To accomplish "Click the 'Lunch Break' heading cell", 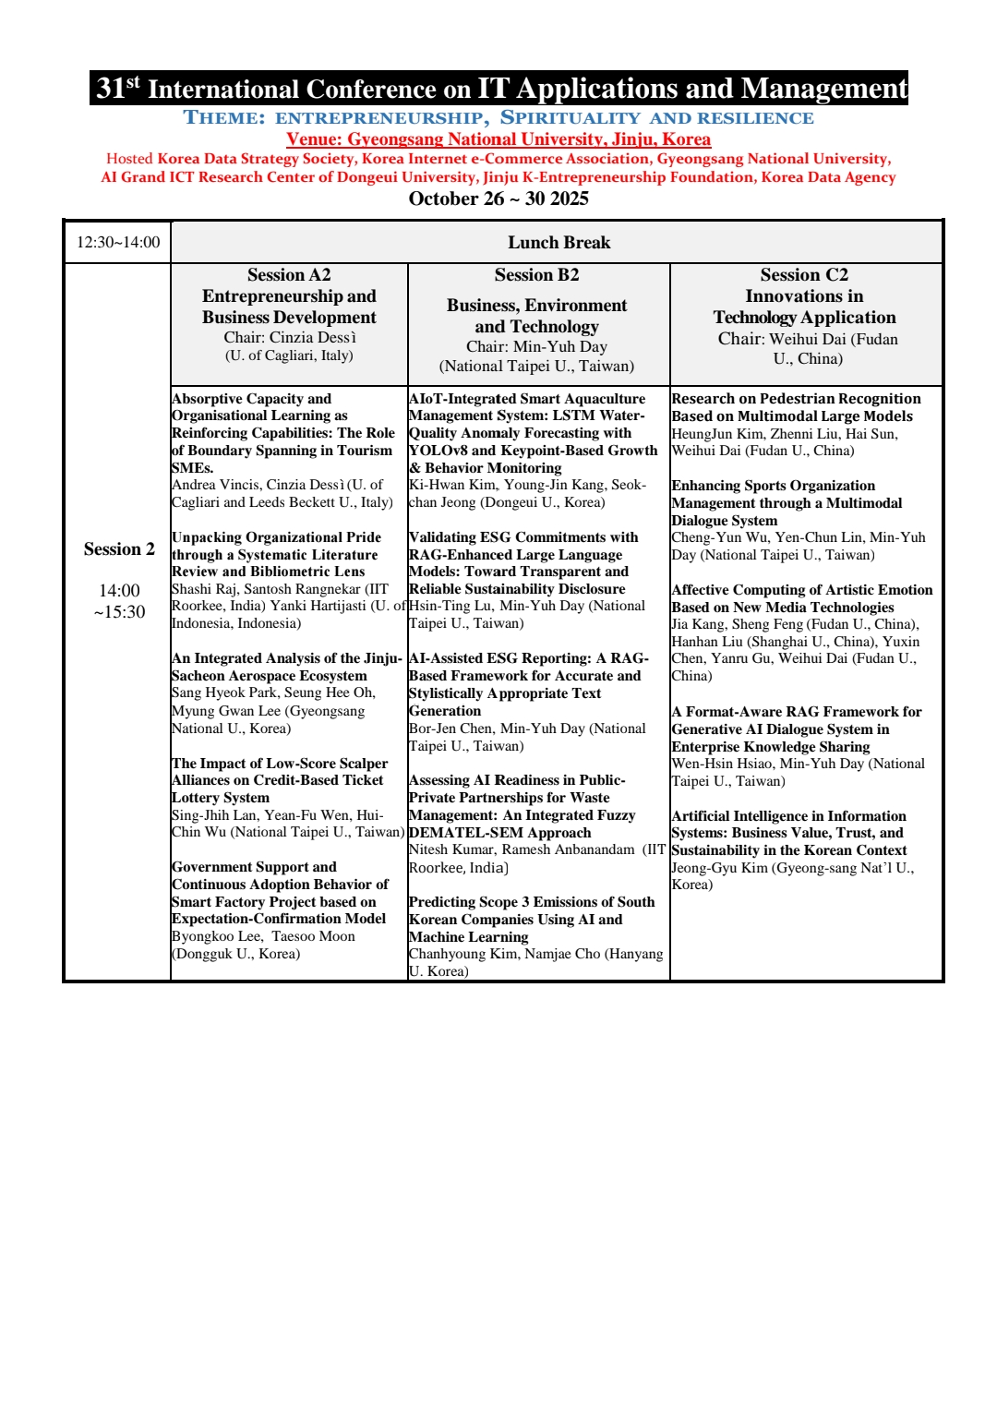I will (x=559, y=243).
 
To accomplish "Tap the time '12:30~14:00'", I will (x=118, y=243).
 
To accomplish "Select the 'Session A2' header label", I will (x=289, y=275).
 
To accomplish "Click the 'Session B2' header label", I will (x=536, y=275).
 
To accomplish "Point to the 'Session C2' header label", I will (x=804, y=275).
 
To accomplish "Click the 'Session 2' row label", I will (x=119, y=549).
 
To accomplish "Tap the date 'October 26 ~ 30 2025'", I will (x=498, y=199).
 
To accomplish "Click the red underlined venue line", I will (x=498, y=139).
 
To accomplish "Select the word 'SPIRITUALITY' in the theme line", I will (x=570, y=118).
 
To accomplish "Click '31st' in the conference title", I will (x=118, y=89).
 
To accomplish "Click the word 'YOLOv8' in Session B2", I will (x=438, y=451).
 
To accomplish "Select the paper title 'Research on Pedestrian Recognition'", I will (x=796, y=399).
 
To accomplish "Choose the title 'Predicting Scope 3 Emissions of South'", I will (x=532, y=902).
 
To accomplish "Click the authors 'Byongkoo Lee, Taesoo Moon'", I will (x=263, y=936).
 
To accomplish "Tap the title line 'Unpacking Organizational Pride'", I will (x=276, y=537).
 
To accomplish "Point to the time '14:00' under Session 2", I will (x=119, y=591).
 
